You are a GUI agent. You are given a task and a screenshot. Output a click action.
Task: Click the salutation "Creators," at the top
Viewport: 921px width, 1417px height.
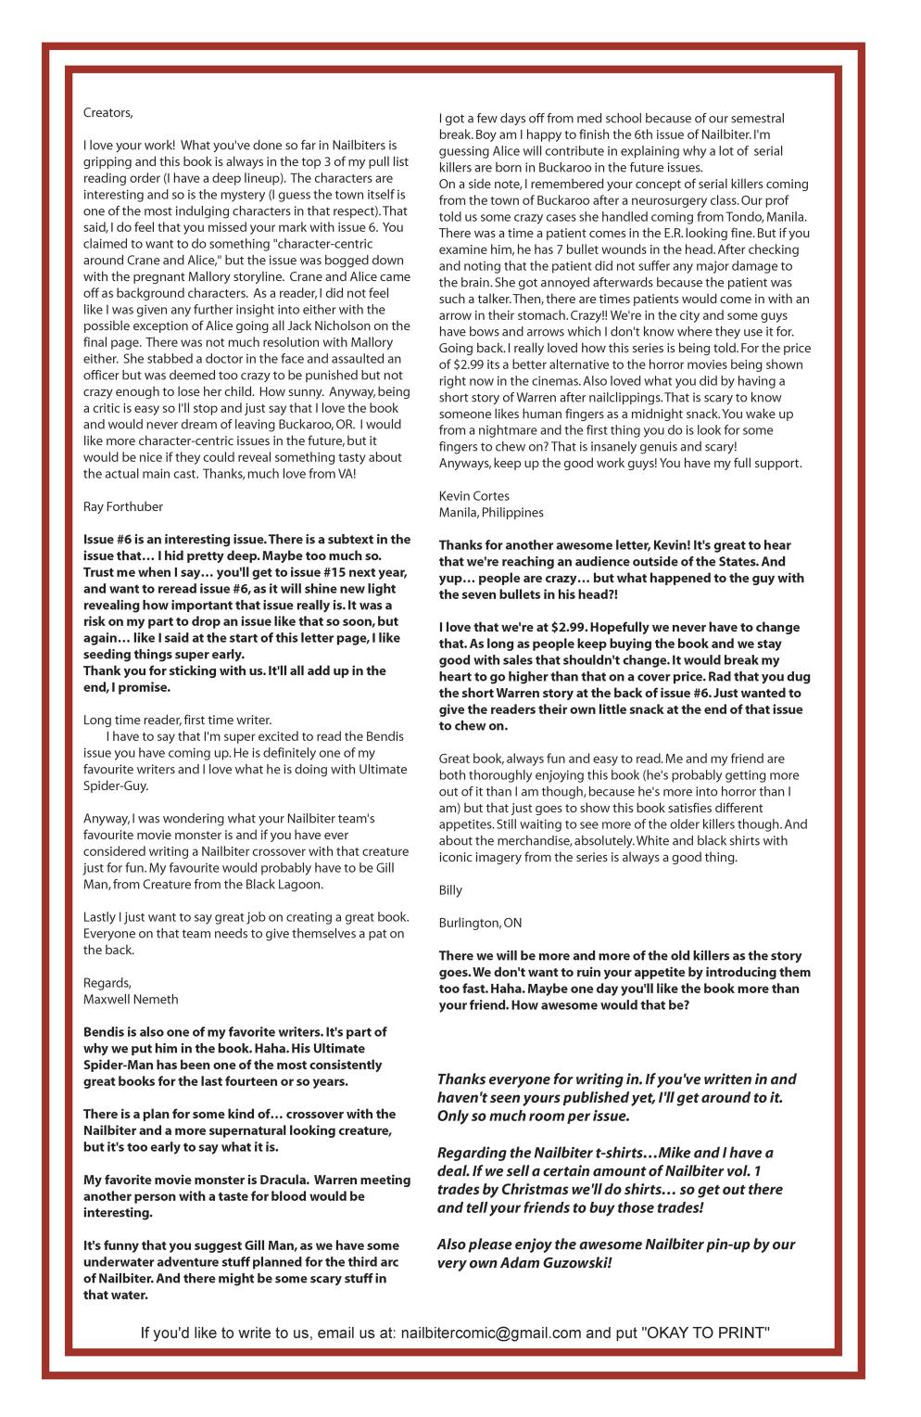(108, 113)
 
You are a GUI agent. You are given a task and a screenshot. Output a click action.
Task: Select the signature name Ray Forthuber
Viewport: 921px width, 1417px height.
(123, 506)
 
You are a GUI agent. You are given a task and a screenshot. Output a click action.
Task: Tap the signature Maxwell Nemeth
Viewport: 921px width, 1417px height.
(131, 999)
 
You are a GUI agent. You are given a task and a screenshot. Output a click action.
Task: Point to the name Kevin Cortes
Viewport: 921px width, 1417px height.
(473, 496)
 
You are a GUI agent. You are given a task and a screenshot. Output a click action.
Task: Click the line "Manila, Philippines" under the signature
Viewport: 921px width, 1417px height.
(491, 513)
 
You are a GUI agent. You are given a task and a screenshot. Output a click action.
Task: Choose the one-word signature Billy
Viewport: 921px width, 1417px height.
(450, 890)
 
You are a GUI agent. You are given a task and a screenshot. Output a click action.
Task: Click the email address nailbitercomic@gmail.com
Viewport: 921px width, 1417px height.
(491, 1334)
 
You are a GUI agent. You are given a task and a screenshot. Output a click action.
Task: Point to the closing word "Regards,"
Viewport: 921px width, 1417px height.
(107, 982)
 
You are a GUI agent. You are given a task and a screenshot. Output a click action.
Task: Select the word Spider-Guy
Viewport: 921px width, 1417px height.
(116, 785)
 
